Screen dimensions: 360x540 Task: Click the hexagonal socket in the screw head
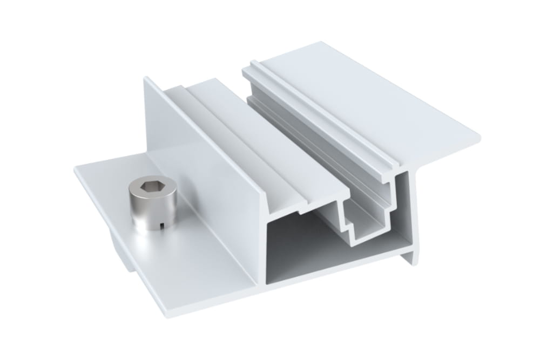click(150, 188)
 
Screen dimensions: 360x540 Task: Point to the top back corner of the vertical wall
click(145, 78)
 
